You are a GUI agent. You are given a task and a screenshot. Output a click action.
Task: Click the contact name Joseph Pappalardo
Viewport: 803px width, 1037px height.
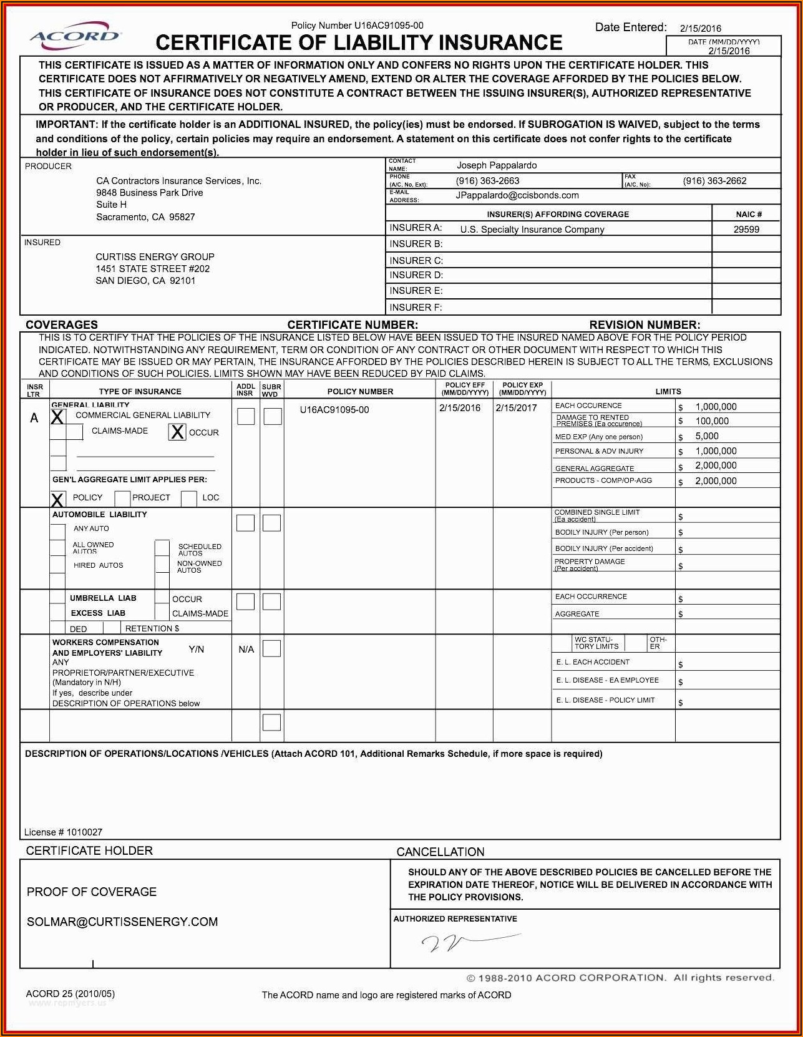tap(496, 165)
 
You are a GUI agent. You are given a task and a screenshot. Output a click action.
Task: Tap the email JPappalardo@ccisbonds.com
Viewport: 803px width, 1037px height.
tap(517, 195)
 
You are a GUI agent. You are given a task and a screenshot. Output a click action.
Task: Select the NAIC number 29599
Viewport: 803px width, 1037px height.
tap(746, 229)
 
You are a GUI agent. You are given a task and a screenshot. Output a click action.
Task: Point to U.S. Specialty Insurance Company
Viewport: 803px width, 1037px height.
tap(532, 229)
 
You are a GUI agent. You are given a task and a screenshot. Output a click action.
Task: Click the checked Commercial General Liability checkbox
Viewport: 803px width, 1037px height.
tap(57, 417)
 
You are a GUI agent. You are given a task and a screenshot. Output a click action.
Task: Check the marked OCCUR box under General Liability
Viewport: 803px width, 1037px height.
tap(177, 432)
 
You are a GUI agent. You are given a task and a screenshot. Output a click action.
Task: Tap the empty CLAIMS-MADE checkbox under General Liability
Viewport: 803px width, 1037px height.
tap(75, 431)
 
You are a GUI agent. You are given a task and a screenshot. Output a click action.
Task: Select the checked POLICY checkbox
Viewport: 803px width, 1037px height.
tap(57, 499)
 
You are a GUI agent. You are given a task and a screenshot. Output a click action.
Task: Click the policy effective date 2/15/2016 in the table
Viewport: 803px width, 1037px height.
tap(460, 407)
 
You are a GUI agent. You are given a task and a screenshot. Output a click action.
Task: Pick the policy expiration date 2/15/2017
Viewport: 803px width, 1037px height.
tap(516, 407)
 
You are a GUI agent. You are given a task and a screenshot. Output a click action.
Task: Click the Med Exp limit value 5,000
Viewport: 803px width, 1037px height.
tap(707, 436)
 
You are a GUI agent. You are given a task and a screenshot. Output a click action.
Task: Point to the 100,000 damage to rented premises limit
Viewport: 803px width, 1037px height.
tap(712, 421)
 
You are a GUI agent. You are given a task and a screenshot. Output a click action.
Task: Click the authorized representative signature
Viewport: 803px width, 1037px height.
tap(468, 942)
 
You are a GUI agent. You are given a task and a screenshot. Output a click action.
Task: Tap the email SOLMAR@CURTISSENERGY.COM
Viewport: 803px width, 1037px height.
tap(122, 922)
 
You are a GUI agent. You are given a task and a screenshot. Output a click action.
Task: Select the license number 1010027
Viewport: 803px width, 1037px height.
tap(84, 832)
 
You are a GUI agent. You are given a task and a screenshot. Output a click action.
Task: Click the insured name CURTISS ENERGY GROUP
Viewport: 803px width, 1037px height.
tap(155, 256)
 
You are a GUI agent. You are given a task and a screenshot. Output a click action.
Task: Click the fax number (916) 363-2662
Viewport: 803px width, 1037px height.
tap(714, 181)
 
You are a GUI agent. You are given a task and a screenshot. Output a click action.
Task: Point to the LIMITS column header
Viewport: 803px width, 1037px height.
tap(668, 391)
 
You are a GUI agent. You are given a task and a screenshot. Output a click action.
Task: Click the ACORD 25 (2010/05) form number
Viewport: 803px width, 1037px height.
tap(71, 994)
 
